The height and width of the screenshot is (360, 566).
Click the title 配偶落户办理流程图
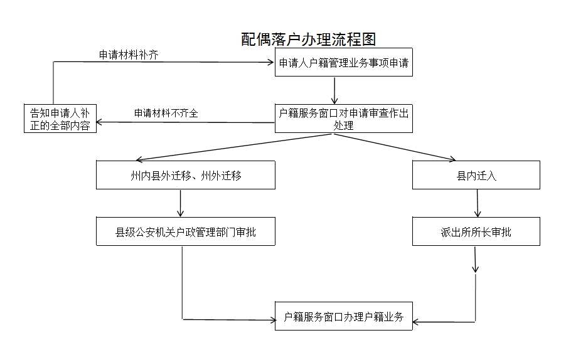(x=309, y=40)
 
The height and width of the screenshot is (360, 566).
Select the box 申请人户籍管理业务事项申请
(x=344, y=63)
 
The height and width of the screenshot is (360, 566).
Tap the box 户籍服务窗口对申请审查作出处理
(x=344, y=119)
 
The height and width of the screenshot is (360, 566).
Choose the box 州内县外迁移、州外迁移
(x=186, y=175)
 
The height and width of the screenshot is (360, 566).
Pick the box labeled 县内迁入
(x=476, y=175)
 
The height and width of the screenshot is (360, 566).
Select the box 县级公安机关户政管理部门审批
(x=186, y=231)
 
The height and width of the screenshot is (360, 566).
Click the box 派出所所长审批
(x=476, y=231)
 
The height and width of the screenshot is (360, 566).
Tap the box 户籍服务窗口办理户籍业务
(x=344, y=316)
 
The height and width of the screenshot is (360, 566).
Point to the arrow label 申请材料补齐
(x=129, y=55)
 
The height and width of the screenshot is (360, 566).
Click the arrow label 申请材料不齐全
(x=166, y=114)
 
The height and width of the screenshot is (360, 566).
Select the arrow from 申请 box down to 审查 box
(x=335, y=90)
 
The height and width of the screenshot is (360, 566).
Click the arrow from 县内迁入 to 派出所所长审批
(x=478, y=203)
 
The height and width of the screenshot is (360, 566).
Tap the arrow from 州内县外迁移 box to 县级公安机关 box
(x=181, y=203)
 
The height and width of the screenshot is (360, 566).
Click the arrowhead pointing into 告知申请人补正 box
(x=100, y=122)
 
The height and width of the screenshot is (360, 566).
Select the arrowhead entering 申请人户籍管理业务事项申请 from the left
(x=270, y=61)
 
